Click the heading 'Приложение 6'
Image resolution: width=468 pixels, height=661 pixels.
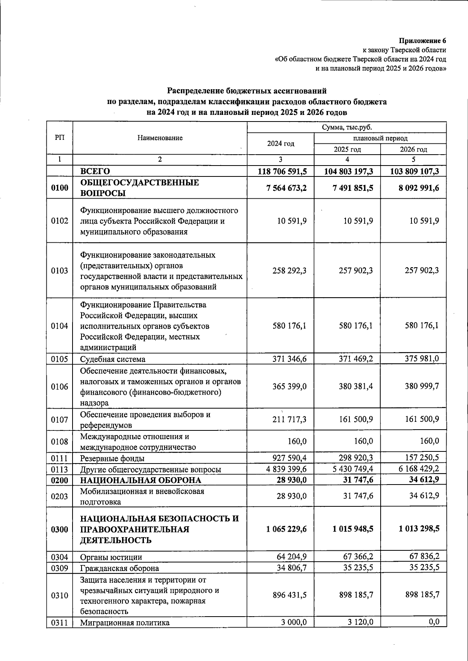(422, 41)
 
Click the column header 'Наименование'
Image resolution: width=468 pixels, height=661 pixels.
(160, 138)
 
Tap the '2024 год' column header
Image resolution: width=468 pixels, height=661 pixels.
(280, 143)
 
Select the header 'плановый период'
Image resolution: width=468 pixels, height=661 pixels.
(380, 138)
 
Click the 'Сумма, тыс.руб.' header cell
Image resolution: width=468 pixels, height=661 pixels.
(347, 127)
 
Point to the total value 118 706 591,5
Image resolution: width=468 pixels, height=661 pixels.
(282, 171)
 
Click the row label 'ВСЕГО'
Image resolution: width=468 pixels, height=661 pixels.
(95, 171)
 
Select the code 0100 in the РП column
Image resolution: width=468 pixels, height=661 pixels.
(59, 188)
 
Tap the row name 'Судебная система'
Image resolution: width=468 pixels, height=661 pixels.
(113, 359)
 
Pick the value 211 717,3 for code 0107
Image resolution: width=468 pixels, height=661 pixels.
(289, 420)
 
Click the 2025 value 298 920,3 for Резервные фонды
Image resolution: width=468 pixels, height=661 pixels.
(356, 458)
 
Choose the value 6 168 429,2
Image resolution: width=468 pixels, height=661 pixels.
(418, 469)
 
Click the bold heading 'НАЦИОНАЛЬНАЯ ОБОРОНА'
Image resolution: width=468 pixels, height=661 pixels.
(141, 480)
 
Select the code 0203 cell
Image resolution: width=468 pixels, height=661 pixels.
(59, 496)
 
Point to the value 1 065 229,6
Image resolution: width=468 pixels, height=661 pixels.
(286, 529)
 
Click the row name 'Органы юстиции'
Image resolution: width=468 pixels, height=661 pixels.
(111, 557)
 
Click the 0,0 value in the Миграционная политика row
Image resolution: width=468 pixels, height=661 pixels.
(434, 622)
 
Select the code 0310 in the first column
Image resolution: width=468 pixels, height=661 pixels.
(59, 596)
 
